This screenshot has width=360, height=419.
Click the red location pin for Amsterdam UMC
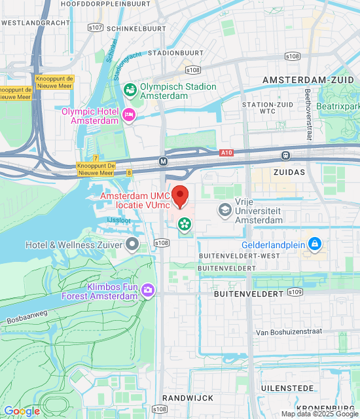point(180,195)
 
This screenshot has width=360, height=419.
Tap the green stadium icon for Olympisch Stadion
point(130,88)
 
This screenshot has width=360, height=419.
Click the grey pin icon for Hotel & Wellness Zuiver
point(133,245)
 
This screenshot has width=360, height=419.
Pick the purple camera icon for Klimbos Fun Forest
point(148,289)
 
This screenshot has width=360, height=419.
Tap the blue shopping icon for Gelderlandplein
point(315,244)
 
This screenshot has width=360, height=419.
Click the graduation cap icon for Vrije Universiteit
point(225,209)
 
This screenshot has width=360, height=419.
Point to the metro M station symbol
point(163,160)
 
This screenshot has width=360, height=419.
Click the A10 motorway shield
point(226,152)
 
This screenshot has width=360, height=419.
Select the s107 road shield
point(95,27)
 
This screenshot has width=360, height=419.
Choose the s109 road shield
point(295,291)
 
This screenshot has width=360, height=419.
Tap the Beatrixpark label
point(338,105)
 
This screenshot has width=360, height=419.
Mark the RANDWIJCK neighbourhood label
point(185,397)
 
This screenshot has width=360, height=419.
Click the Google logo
point(22,411)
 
